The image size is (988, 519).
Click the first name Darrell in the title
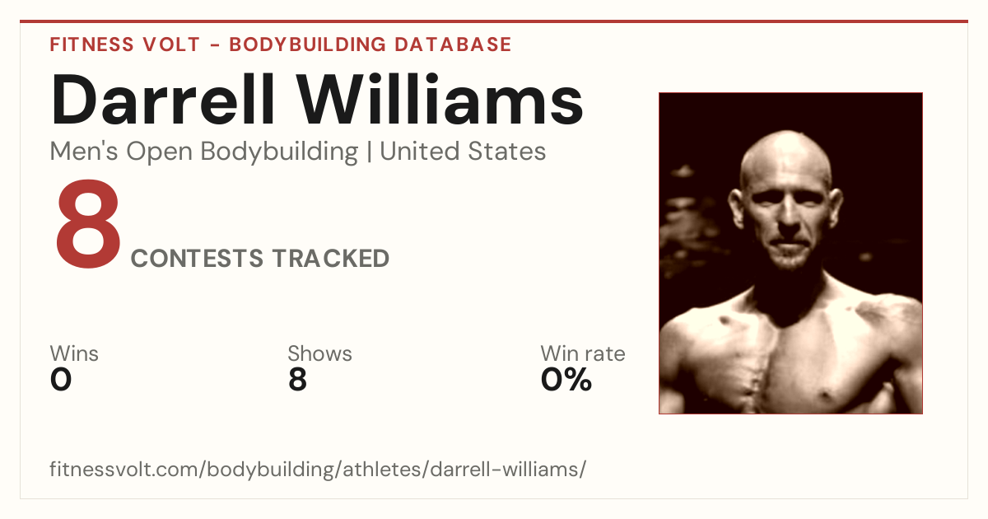pyautogui.click(x=163, y=100)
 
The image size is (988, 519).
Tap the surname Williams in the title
pyautogui.click(x=440, y=100)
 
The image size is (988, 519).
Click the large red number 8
pyautogui.click(x=88, y=224)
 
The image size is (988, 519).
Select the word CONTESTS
pyautogui.click(x=197, y=259)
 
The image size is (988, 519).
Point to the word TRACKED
pyautogui.click(x=331, y=259)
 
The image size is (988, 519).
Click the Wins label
pyautogui.click(x=74, y=353)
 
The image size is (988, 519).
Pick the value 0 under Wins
pyautogui.click(x=61, y=380)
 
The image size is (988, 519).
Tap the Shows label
pyautogui.click(x=319, y=353)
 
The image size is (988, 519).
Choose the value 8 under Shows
pyautogui.click(x=297, y=380)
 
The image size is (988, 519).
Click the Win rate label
pyautogui.click(x=583, y=353)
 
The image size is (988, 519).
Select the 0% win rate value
pyautogui.click(x=566, y=380)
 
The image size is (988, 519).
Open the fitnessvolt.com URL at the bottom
pyautogui.click(x=318, y=469)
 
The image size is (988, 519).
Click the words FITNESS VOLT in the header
pyautogui.click(x=125, y=45)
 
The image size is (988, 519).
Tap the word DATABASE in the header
pyautogui.click(x=453, y=45)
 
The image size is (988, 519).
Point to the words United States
pyautogui.click(x=463, y=152)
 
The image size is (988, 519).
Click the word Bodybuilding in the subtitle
pyautogui.click(x=279, y=152)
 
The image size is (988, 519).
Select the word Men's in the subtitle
pyautogui.click(x=84, y=152)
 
